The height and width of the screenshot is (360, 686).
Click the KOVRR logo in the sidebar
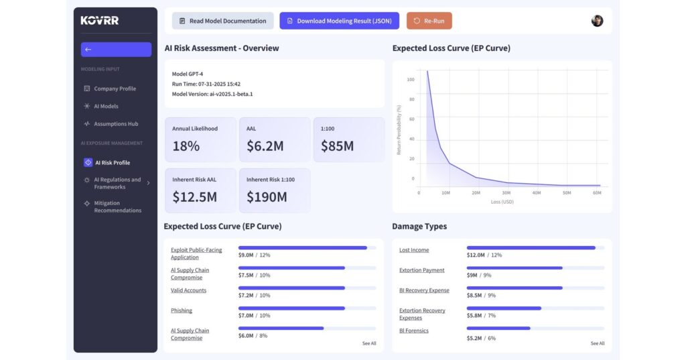tap(100, 21)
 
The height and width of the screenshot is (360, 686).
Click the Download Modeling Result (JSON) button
tap(339, 21)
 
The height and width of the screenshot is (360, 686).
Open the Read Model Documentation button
tap(222, 21)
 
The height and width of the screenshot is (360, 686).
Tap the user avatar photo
tap(597, 21)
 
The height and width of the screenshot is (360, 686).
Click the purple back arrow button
tap(116, 50)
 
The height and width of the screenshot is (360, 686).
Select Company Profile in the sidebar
tap(115, 88)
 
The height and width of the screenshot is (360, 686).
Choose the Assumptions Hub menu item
tap(116, 124)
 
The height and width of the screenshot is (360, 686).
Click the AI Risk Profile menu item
tap(112, 163)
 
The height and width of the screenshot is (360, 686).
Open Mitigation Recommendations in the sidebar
tap(117, 206)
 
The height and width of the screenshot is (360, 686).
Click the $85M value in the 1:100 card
tap(337, 145)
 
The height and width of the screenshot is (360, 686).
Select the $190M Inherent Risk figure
tap(267, 197)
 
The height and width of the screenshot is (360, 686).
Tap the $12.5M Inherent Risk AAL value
tap(194, 197)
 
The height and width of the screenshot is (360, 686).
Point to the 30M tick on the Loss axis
tap(506, 193)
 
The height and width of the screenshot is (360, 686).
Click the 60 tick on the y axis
tap(411, 119)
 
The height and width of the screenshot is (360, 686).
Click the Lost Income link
tap(414, 250)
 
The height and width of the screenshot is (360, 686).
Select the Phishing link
tap(181, 310)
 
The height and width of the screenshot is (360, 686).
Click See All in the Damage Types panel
tap(597, 343)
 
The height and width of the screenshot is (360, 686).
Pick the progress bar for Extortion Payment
tap(514, 267)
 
